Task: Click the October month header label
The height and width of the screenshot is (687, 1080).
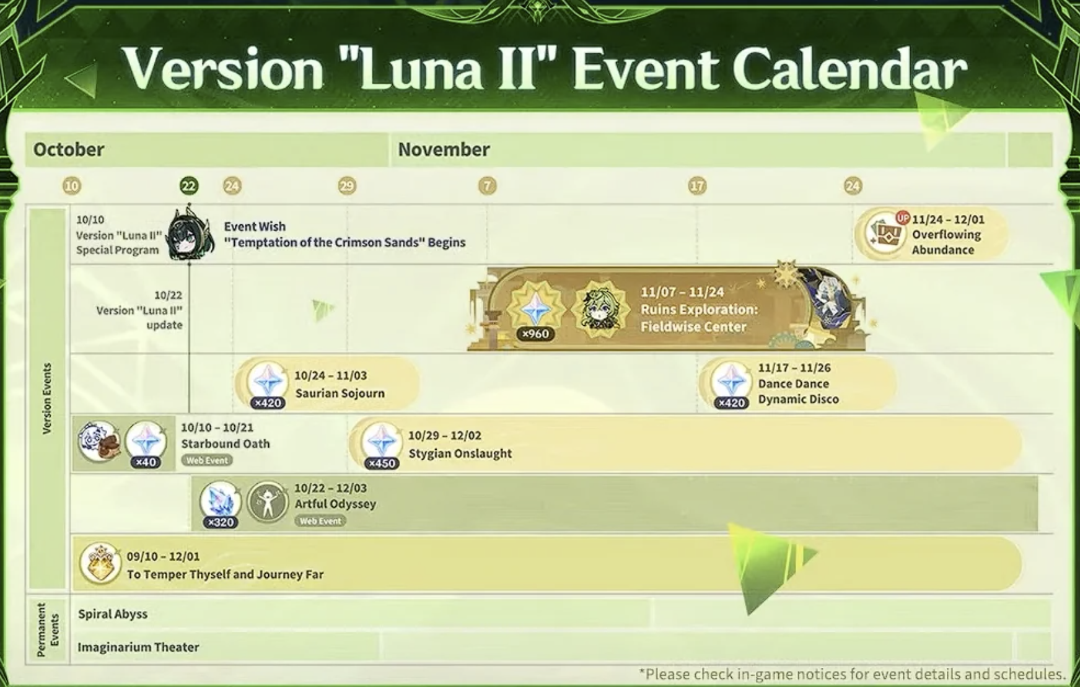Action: pyautogui.click(x=69, y=149)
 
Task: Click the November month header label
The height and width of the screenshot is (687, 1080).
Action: pyautogui.click(x=444, y=149)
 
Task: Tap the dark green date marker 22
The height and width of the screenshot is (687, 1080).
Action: pyautogui.click(x=188, y=186)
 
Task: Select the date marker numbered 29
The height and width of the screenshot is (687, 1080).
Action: pyautogui.click(x=347, y=186)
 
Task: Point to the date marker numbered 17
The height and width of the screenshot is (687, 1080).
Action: pyautogui.click(x=697, y=186)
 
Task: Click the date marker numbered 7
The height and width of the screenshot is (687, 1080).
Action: pyautogui.click(x=488, y=186)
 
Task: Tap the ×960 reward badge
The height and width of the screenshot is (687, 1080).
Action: pyautogui.click(x=535, y=334)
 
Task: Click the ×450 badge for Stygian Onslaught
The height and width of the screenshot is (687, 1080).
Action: pyautogui.click(x=381, y=463)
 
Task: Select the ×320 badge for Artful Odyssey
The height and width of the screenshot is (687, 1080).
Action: pyautogui.click(x=221, y=522)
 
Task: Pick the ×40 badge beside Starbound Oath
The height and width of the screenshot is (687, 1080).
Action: pyautogui.click(x=146, y=462)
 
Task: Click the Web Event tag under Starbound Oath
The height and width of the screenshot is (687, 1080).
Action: pyautogui.click(x=207, y=460)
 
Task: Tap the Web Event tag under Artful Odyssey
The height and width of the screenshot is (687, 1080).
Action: pyautogui.click(x=320, y=521)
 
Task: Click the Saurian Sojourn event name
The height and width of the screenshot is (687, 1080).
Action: pyautogui.click(x=340, y=393)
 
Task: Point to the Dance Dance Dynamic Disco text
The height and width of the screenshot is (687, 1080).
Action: pyautogui.click(x=798, y=392)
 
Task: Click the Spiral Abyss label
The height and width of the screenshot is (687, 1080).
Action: pyautogui.click(x=113, y=614)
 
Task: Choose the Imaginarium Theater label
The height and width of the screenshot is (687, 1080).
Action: pyautogui.click(x=138, y=647)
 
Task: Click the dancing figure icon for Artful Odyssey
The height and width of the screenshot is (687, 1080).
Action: pyautogui.click(x=268, y=502)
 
